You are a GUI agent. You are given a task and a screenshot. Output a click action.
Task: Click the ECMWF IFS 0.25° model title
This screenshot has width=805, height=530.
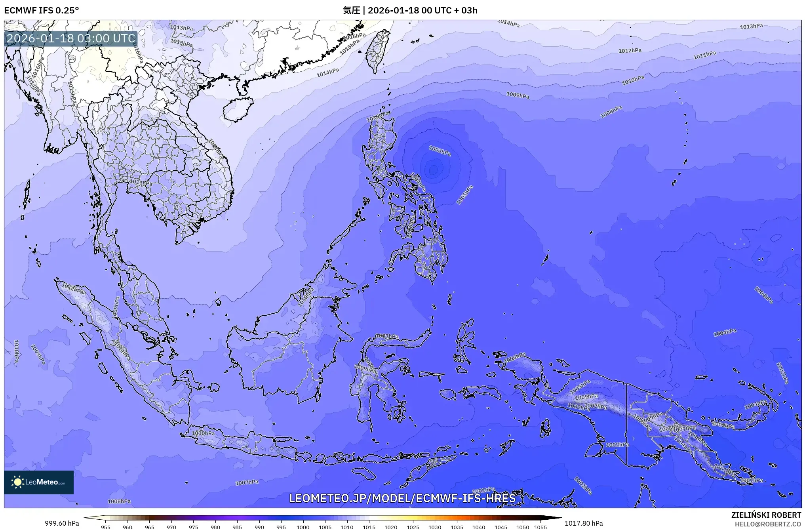tap(41, 10)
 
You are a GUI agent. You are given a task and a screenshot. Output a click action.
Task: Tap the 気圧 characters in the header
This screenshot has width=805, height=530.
tap(351, 10)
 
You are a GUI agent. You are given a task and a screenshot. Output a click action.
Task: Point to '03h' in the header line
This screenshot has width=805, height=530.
tap(469, 10)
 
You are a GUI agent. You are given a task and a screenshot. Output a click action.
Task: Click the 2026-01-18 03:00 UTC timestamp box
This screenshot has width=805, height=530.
tap(71, 38)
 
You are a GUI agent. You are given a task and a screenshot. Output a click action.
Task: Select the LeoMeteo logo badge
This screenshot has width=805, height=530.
tap(39, 482)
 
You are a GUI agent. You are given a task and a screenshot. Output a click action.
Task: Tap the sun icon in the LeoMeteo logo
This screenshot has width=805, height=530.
tap(17, 482)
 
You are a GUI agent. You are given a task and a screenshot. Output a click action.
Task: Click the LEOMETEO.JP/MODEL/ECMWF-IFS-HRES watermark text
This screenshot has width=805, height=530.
tap(402, 498)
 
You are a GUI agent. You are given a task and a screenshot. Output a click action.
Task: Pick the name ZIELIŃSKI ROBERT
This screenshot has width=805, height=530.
tap(766, 515)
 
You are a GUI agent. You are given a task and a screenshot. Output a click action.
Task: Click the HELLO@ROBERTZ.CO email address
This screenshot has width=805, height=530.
tap(768, 524)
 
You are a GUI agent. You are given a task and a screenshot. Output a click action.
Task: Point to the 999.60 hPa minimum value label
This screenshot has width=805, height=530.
tap(62, 523)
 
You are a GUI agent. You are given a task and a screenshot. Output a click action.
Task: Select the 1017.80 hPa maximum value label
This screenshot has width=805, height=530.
tap(583, 523)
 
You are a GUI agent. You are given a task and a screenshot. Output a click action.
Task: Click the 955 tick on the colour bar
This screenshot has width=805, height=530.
tap(106, 527)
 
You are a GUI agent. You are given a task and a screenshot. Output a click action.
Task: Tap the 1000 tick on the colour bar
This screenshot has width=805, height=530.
tap(303, 527)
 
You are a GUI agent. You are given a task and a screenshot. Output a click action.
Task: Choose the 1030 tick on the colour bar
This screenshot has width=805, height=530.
tap(435, 527)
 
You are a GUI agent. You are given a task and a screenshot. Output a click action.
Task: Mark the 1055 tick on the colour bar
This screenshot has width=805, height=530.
tap(540, 527)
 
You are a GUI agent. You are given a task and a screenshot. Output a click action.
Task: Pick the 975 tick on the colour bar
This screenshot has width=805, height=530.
tap(193, 527)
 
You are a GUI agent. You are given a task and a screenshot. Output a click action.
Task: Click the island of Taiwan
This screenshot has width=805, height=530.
tap(377, 51)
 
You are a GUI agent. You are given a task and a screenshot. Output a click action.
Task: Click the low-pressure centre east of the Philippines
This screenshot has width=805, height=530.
tap(434, 170)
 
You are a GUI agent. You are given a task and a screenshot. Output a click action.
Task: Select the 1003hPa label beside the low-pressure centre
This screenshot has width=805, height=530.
tap(440, 151)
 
